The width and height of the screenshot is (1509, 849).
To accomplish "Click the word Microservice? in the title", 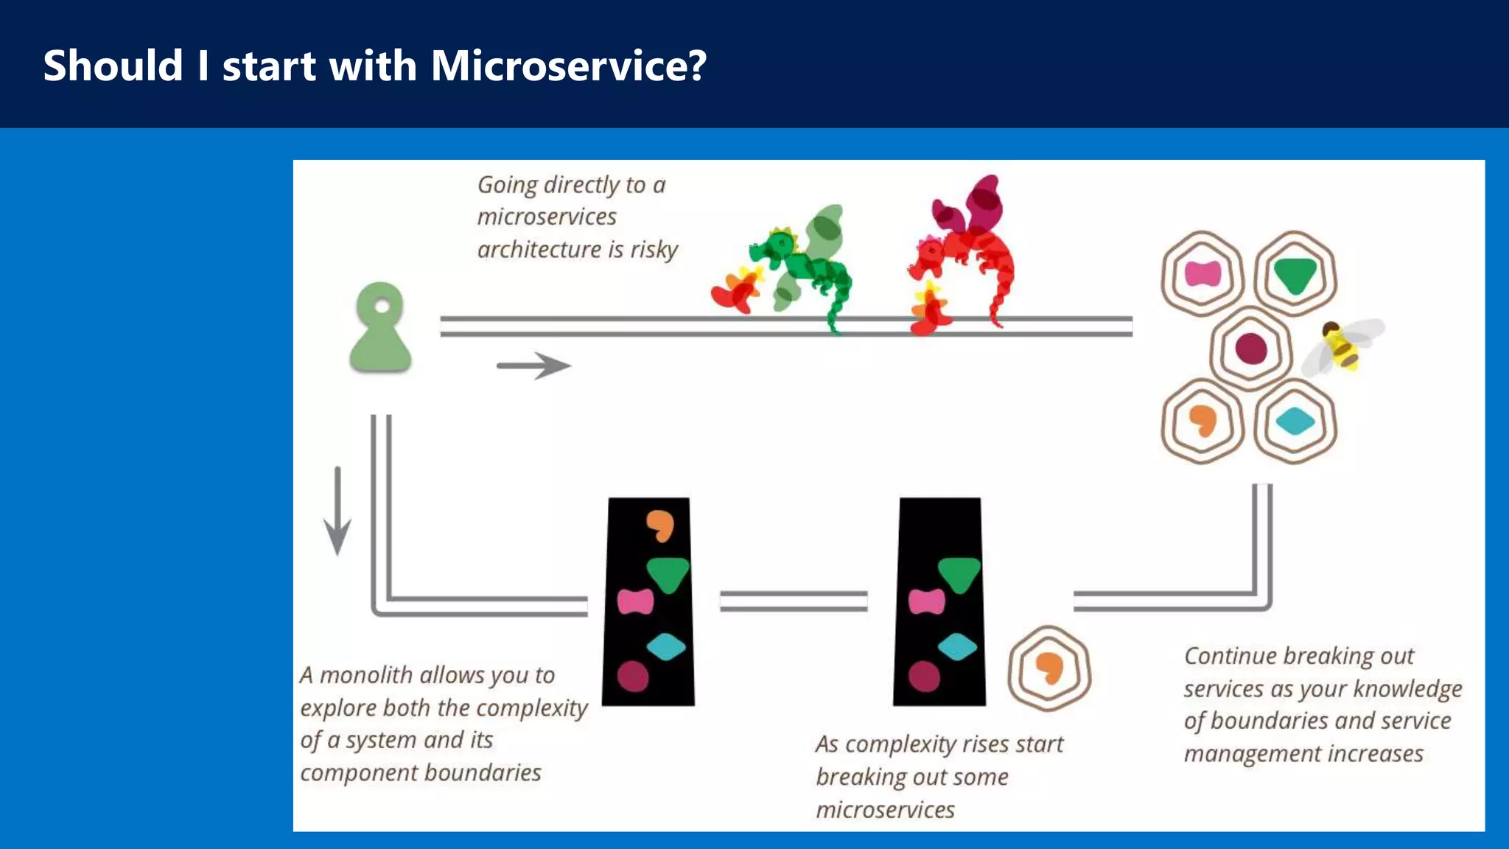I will tap(568, 66).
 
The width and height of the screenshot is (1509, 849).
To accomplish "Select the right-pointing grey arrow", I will tap(533, 365).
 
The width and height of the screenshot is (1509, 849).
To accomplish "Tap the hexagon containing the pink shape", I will tap(1202, 274).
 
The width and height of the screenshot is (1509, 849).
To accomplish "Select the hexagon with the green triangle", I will tap(1295, 274).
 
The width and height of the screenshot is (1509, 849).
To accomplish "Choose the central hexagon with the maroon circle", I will tap(1250, 348).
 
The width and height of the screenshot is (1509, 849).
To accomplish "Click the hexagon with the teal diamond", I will tap(1295, 422).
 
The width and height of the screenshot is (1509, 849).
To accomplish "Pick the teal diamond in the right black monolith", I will tap(957, 647).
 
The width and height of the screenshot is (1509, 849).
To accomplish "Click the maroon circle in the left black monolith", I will tap(633, 676).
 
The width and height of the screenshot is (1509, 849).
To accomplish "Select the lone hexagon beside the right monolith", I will tap(1049, 668).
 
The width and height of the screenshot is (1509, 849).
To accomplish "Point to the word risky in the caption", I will tap(654, 250).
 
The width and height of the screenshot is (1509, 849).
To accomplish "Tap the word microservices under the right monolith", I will tap(885, 810).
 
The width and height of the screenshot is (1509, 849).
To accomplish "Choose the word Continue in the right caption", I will tap(1230, 656).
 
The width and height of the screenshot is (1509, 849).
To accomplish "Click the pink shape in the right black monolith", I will tap(926, 601).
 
